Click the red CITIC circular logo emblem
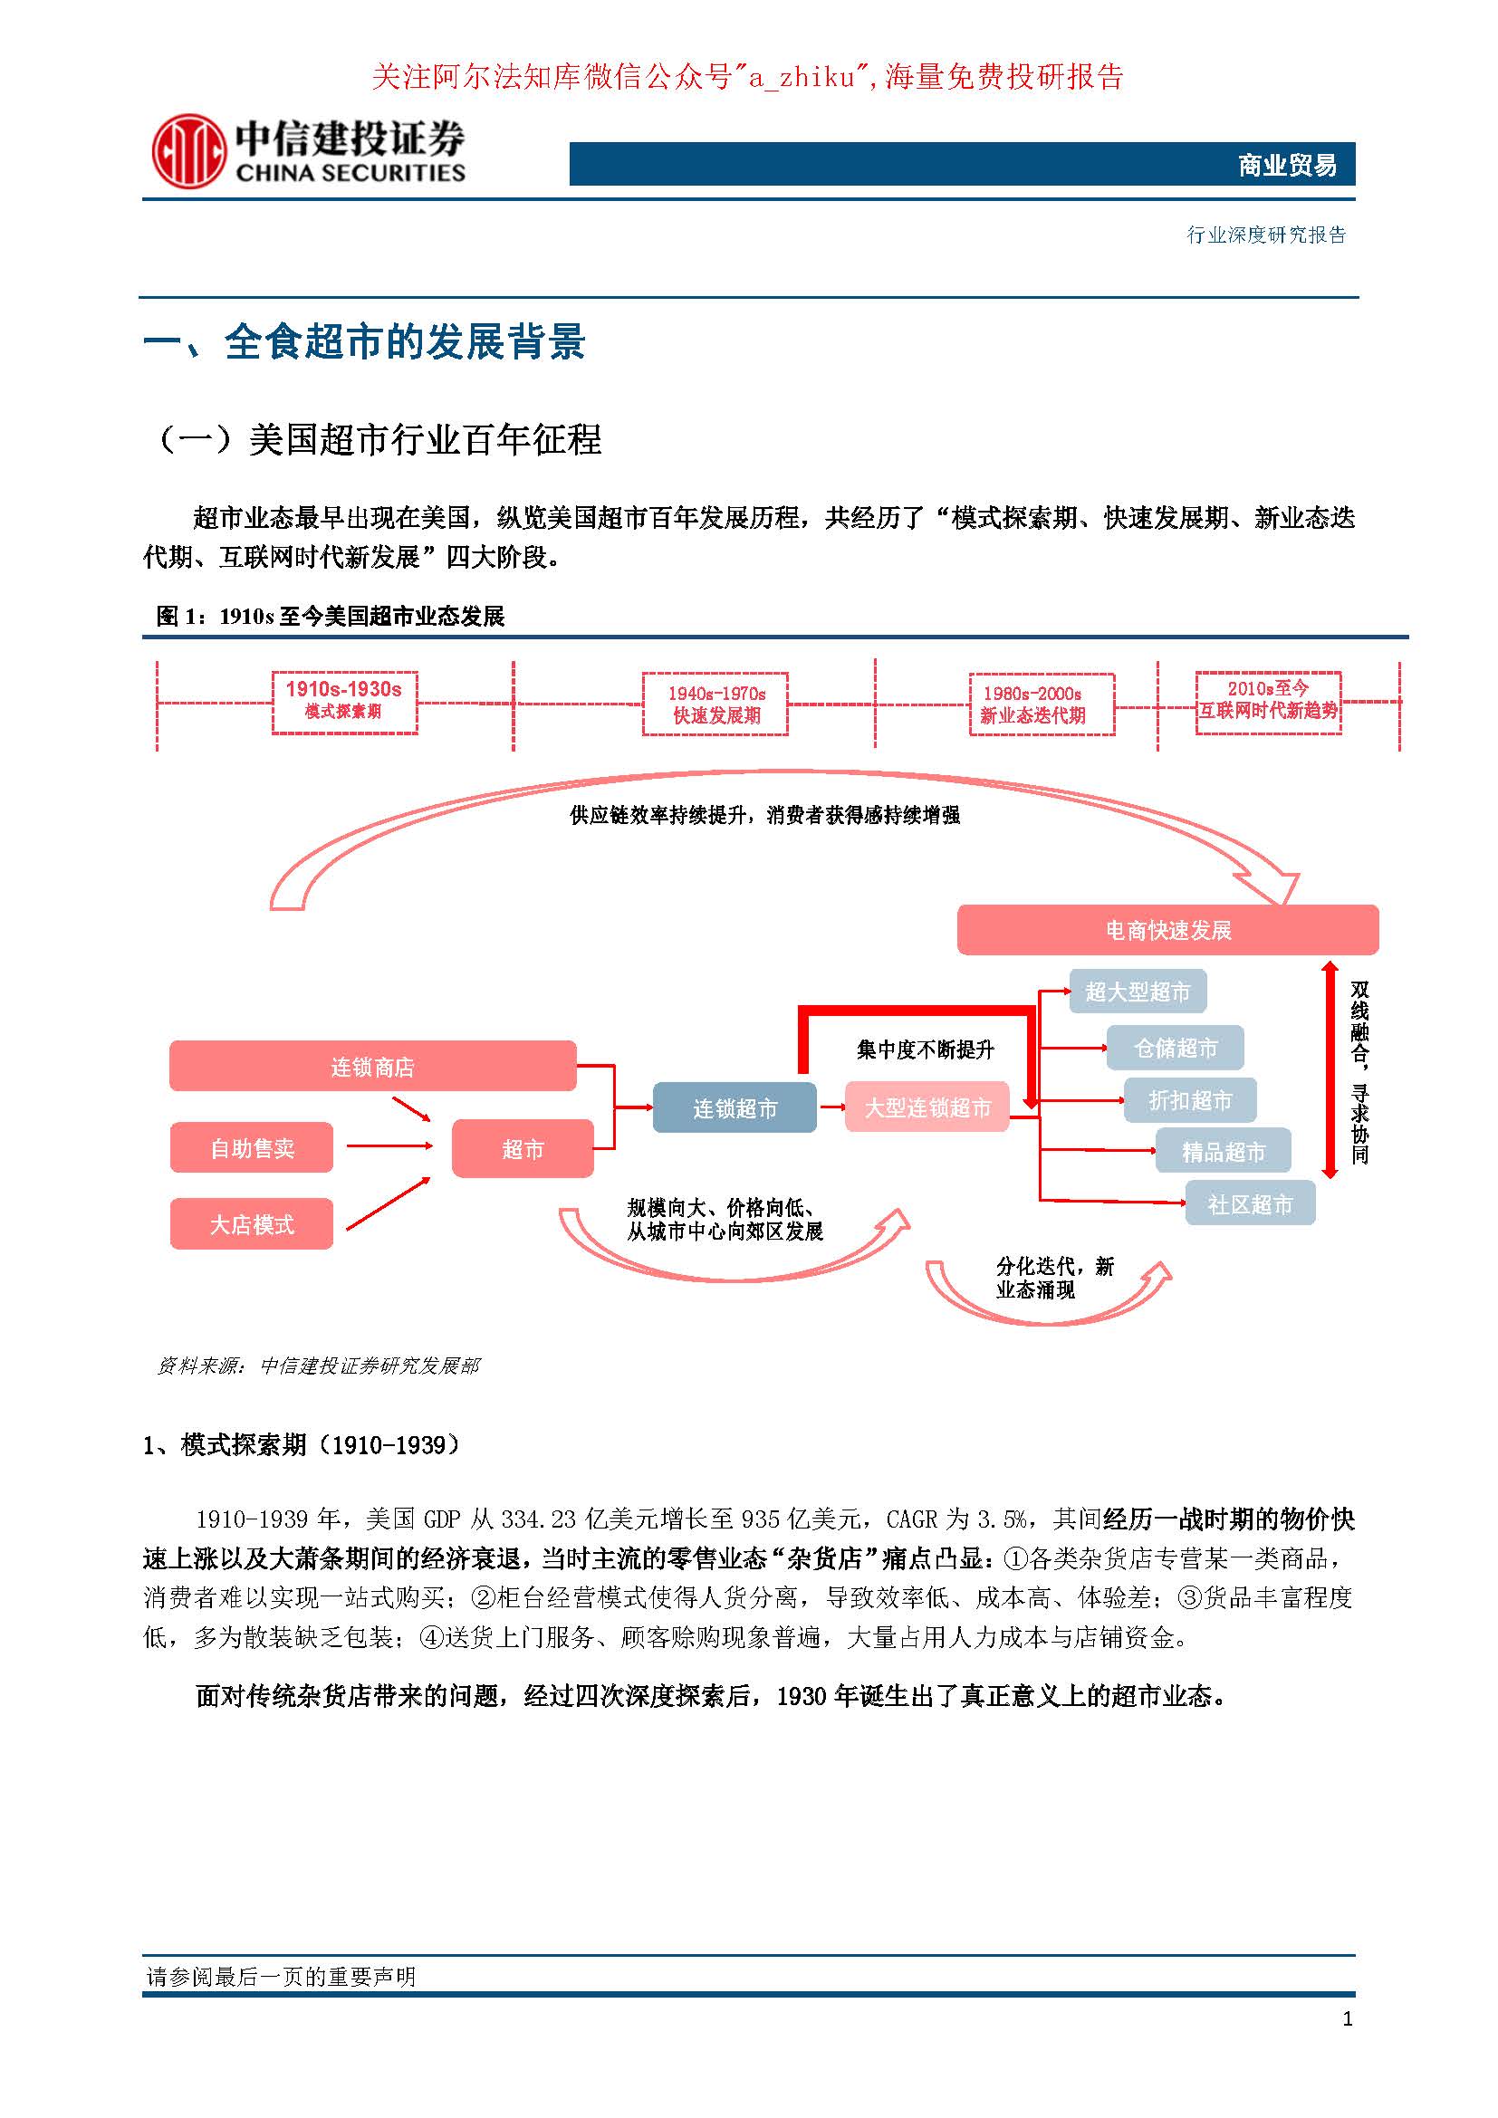[188, 150]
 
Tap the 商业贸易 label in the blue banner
[1286, 165]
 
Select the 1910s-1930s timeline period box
[344, 702]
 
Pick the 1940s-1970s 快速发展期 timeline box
[715, 704]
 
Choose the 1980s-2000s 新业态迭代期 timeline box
[1042, 704]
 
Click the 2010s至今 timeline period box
[1268, 702]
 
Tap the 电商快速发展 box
[1167, 930]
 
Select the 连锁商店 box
[372, 1067]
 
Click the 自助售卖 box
[252, 1147]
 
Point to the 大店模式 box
[252, 1224]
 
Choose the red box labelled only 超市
[522, 1148]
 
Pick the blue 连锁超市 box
[735, 1107]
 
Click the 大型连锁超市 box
[927, 1107]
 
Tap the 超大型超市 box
[1138, 992]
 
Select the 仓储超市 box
[1176, 1048]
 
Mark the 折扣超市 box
[1190, 1099]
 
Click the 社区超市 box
[1250, 1203]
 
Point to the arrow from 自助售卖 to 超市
[389, 1146]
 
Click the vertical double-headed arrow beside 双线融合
[1330, 1070]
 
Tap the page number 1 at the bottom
[1348, 2018]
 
